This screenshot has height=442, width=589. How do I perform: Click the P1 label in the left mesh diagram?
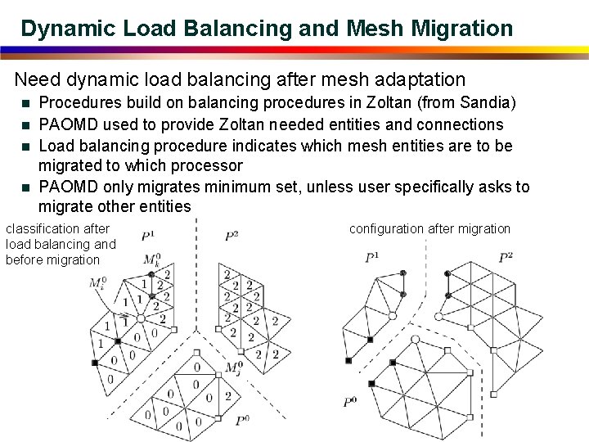[148, 237]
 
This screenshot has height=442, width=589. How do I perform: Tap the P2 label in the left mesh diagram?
[232, 237]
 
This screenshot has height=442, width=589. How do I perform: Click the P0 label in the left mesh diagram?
[242, 421]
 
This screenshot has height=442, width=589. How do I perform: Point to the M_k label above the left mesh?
[151, 260]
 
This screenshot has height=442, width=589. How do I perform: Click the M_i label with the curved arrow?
[97, 283]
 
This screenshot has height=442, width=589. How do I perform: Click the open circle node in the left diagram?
[140, 318]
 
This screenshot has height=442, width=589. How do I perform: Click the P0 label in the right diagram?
[349, 402]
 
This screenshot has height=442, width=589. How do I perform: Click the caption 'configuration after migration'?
[429, 229]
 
